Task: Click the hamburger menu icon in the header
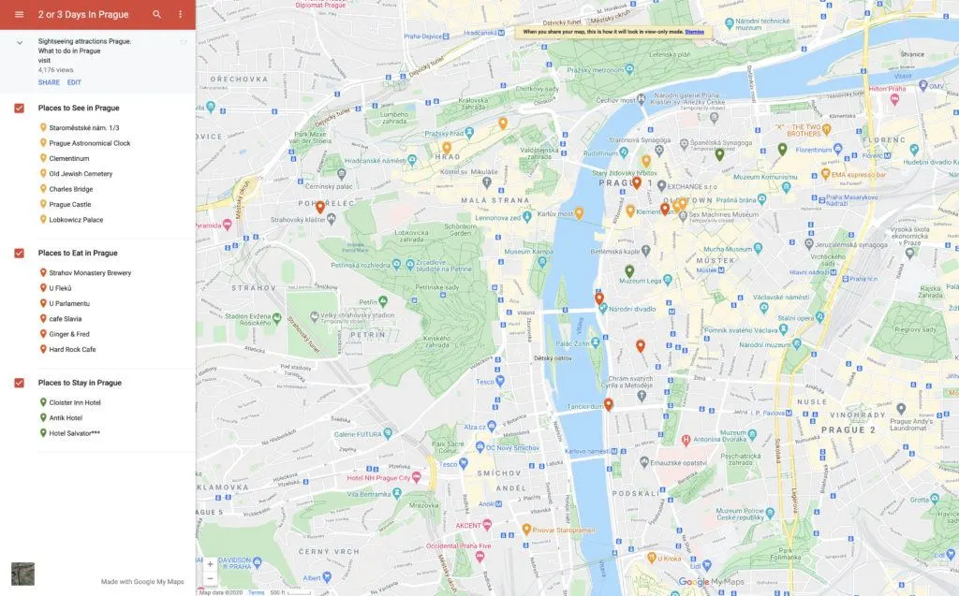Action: [x=19, y=14]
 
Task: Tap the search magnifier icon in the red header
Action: [x=156, y=14]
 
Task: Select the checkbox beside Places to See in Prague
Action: [x=20, y=109]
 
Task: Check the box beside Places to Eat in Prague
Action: [x=20, y=254]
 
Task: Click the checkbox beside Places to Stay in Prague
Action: [x=20, y=383]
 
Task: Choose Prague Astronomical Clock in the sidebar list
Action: [x=90, y=143]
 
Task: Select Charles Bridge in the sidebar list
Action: [x=72, y=189]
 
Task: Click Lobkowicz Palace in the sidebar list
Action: [x=76, y=220]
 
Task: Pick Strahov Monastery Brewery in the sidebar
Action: [x=90, y=273]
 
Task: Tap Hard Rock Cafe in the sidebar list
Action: [x=72, y=350]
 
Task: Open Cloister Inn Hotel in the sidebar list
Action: [x=75, y=402]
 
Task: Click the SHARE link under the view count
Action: [x=49, y=82]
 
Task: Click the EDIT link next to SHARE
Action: [x=74, y=82]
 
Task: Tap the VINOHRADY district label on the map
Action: [x=861, y=414]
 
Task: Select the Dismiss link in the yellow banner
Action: [x=694, y=32]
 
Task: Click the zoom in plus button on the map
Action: [x=210, y=564]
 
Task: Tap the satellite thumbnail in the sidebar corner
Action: [x=22, y=574]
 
